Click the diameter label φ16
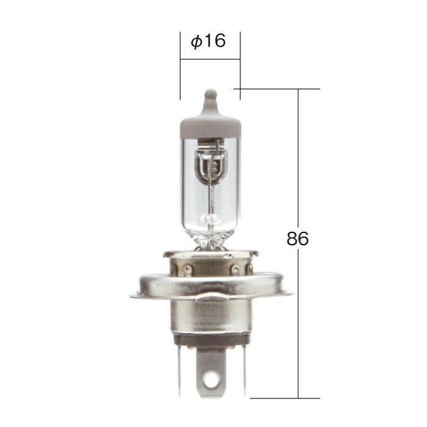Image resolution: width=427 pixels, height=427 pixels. [x=208, y=41]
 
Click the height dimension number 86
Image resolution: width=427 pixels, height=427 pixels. [x=298, y=239]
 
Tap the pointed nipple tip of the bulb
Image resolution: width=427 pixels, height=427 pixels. [x=210, y=95]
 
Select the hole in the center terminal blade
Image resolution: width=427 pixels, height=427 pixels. [x=210, y=379]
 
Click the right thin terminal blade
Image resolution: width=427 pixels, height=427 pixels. [x=243, y=366]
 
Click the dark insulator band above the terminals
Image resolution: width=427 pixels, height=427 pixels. [x=210, y=339]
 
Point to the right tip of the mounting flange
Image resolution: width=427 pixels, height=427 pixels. [x=290, y=295]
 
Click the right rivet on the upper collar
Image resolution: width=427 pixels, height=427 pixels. [x=235, y=268]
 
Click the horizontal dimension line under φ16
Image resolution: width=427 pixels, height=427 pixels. [x=210, y=59]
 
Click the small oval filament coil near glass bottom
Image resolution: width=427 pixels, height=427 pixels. [x=210, y=218]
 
